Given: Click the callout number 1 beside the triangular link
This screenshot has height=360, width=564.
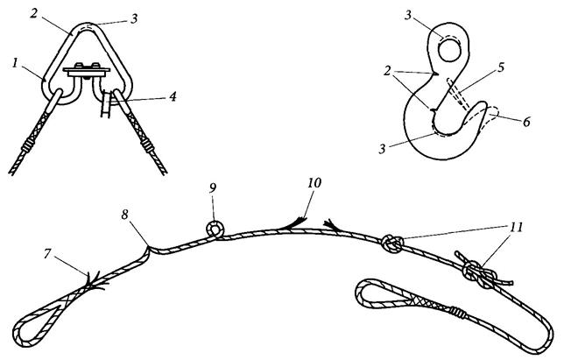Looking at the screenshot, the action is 15,64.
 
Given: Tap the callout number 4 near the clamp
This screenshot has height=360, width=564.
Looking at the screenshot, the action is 173,96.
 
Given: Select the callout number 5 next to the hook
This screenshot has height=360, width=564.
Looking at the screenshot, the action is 502,67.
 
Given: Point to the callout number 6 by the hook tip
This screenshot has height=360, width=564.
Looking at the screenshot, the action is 526,122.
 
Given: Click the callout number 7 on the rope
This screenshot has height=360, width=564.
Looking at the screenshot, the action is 47,254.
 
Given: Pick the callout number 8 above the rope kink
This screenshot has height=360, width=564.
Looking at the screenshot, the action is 125,215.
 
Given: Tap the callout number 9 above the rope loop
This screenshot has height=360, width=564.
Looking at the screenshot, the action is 213,189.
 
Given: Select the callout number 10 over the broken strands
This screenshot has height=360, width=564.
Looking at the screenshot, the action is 314,183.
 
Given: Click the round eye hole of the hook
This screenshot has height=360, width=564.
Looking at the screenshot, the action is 449,50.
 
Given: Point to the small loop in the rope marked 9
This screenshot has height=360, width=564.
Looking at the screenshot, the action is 215,229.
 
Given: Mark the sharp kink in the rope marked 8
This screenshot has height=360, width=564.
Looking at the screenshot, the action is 148,248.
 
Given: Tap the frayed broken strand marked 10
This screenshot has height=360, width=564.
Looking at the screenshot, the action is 297,223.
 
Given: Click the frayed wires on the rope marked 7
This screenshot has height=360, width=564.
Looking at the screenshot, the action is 95,280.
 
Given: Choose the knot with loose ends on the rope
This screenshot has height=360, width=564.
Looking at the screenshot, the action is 481,272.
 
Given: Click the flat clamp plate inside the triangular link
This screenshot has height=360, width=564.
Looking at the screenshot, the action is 87,72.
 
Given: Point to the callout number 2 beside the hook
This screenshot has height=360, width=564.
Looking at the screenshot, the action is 387,71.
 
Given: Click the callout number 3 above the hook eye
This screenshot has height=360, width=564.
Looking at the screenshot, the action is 407,15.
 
